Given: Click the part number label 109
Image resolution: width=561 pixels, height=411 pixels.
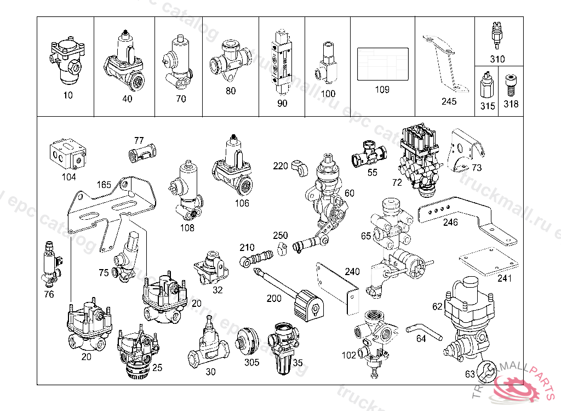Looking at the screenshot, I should tap(382, 89).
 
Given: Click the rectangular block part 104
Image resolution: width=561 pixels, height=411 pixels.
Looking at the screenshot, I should tap(68, 153).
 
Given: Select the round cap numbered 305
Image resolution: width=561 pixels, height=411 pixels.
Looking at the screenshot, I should tap(249, 340).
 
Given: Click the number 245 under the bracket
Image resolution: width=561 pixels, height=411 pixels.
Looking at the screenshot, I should tap(449, 101).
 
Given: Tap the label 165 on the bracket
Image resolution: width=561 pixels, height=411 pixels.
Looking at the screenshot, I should tap(105, 184).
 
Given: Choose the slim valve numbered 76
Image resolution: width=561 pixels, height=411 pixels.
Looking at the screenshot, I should tap(50, 264).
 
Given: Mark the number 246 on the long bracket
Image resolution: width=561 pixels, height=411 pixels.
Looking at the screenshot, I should tap(450, 222).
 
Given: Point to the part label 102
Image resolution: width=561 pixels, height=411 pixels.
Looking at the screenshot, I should tap(348, 355).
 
